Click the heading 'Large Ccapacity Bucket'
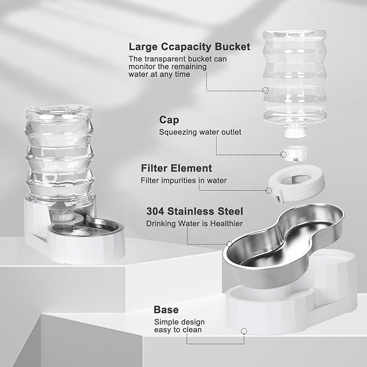point(189,46)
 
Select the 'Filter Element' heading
point(176,168)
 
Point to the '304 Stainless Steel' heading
point(194,211)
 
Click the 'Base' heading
point(166,310)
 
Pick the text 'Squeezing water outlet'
point(200,132)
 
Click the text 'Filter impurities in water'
point(184,181)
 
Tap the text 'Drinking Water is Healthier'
point(193,223)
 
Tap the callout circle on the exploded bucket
point(265,90)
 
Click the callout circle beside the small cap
point(283,155)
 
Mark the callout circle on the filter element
point(269,190)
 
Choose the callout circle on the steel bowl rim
point(229,244)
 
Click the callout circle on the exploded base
point(244,330)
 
